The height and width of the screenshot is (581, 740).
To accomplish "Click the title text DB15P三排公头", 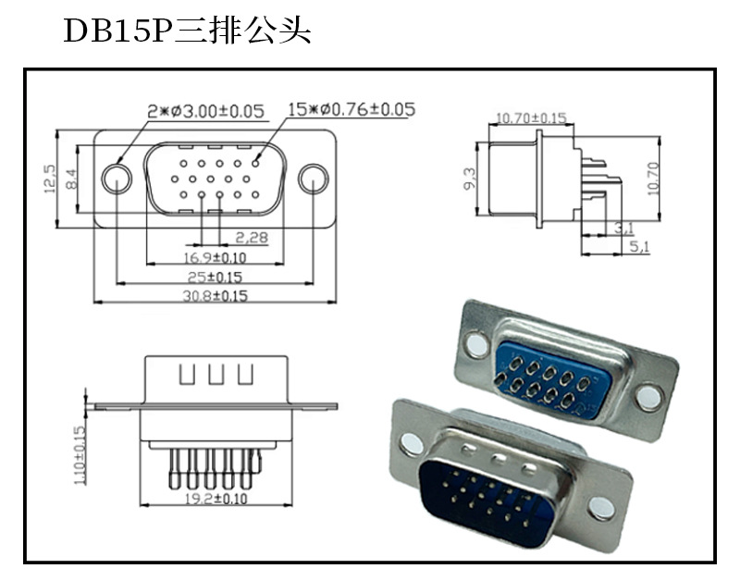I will pyautogui.click(x=187, y=31).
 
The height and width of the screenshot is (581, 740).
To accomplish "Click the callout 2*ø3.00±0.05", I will pyautogui.click(x=206, y=111).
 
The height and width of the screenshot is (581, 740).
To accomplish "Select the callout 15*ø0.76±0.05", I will pyautogui.click(x=351, y=109).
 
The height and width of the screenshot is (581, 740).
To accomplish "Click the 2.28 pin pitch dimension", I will pyautogui.click(x=251, y=238).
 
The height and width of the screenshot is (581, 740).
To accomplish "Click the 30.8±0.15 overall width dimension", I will pyautogui.click(x=216, y=296).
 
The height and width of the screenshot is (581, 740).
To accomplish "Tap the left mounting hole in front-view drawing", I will pyautogui.click(x=117, y=179).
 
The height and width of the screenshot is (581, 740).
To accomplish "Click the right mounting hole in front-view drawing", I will pyautogui.click(x=314, y=179).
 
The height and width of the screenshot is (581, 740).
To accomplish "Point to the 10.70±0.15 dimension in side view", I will pyautogui.click(x=531, y=117).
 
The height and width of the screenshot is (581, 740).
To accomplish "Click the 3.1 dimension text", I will pyautogui.click(x=623, y=228).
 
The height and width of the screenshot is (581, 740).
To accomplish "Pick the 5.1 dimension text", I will pyautogui.click(x=638, y=247).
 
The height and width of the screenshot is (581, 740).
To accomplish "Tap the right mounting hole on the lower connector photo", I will pyautogui.click(x=601, y=506).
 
